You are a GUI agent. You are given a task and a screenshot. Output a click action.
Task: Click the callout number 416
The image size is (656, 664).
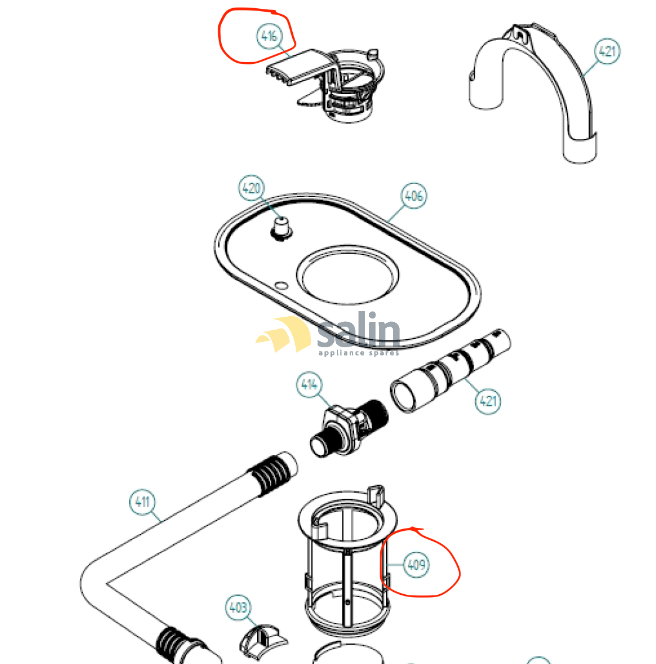click(x=268, y=36)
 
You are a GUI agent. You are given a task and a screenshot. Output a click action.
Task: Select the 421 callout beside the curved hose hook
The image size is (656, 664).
click(x=607, y=51)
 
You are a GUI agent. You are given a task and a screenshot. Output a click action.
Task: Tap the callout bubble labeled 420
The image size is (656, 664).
click(x=251, y=188)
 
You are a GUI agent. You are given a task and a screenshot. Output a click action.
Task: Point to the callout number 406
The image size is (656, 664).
click(x=414, y=195)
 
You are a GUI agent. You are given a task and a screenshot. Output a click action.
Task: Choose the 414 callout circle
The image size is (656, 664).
click(x=309, y=385)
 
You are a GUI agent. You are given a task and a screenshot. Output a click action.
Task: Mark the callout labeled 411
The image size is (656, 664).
click(x=142, y=502)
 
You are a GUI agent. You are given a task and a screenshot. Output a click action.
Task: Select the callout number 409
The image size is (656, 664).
click(x=416, y=565)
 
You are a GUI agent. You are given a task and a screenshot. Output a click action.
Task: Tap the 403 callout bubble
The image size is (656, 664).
click(x=238, y=607)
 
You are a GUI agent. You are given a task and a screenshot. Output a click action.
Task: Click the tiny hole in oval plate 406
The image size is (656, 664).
click(x=281, y=286)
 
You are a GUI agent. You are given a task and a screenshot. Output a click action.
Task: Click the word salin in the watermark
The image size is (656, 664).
click(x=359, y=333)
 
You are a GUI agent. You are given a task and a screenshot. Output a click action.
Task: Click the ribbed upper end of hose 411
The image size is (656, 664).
click(x=271, y=473)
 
